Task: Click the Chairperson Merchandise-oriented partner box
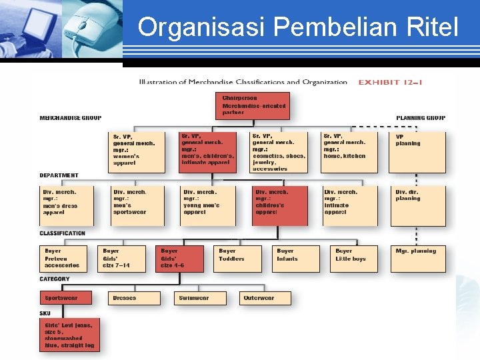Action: coord(256,106)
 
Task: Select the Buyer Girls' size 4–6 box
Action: coord(181,259)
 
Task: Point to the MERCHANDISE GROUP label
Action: coord(71,118)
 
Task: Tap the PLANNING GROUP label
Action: coord(421,118)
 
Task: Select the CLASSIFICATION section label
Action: coord(63,233)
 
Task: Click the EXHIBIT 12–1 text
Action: coord(390,83)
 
